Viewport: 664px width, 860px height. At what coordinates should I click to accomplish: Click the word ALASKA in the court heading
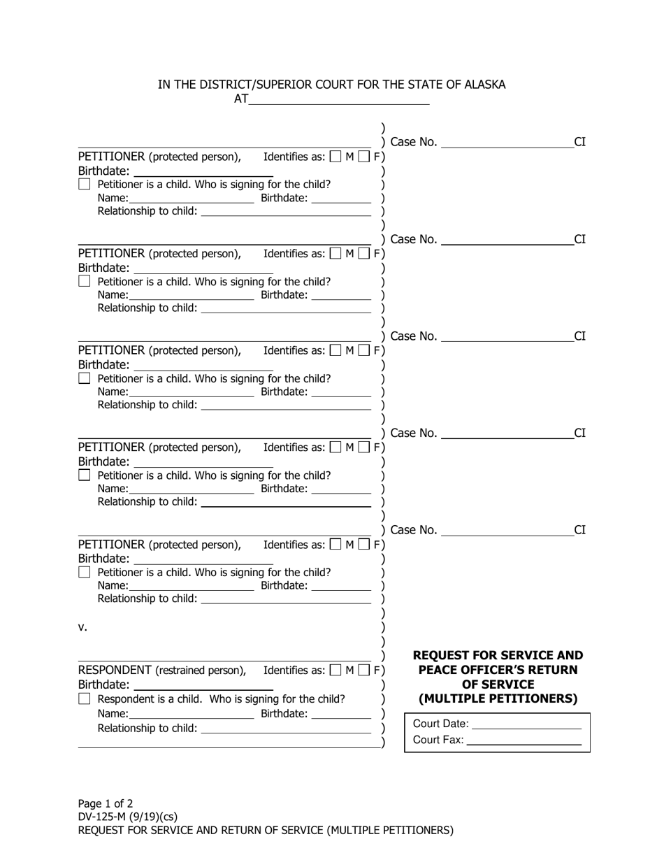(479, 85)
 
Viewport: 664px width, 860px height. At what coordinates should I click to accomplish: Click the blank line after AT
(339, 99)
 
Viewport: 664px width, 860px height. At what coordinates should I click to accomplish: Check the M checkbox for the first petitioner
(335, 157)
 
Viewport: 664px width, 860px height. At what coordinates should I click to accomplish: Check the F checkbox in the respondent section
(364, 671)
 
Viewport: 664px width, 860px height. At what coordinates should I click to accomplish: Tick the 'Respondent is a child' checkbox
(85, 698)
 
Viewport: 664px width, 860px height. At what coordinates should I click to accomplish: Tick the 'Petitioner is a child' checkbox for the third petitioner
(85, 378)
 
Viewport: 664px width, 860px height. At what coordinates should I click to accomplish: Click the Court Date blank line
(528, 724)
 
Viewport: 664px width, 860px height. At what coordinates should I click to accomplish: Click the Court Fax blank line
(524, 740)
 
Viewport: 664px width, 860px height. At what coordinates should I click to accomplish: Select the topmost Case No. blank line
(507, 143)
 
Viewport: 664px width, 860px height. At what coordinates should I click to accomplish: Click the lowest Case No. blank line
(507, 531)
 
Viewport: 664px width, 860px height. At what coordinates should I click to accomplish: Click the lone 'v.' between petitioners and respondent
(82, 627)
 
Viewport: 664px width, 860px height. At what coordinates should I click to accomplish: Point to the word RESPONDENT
(115, 671)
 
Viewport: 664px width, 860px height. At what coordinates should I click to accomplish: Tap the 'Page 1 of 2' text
(106, 803)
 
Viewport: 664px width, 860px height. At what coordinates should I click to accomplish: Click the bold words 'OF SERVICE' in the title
(498, 685)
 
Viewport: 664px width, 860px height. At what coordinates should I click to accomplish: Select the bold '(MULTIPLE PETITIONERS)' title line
(498, 698)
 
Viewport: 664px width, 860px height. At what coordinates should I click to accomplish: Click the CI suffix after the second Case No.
(579, 240)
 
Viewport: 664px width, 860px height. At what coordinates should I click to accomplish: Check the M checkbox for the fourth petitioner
(335, 447)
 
